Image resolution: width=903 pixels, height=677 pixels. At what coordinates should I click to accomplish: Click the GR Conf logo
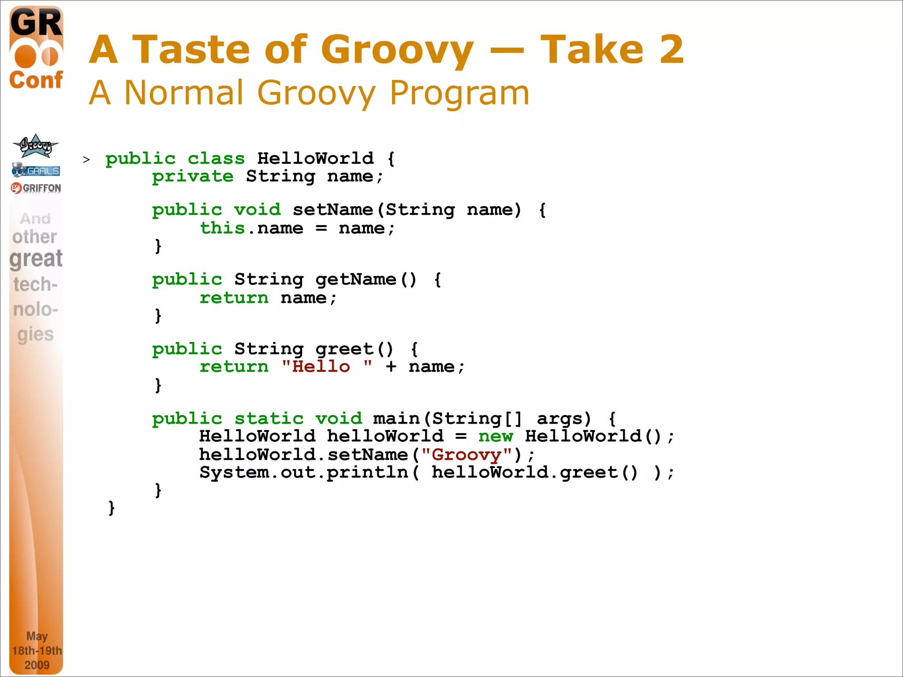(x=36, y=48)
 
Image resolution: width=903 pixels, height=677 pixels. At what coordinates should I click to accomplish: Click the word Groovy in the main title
(x=397, y=49)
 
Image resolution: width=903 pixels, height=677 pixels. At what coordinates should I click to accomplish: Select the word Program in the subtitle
(x=459, y=93)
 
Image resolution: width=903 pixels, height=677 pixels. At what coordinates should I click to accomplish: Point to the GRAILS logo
(x=36, y=170)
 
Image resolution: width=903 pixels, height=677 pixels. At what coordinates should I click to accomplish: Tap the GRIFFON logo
(x=36, y=188)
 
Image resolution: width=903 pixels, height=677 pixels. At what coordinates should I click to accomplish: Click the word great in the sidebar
(x=36, y=258)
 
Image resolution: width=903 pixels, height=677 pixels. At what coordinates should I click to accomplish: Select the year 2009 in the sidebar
(x=37, y=665)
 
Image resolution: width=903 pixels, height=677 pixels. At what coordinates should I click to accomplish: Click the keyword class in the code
(x=216, y=158)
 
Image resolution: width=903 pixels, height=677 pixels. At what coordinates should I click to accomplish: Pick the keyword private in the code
(x=193, y=176)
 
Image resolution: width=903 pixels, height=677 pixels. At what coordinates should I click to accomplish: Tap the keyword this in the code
(x=222, y=228)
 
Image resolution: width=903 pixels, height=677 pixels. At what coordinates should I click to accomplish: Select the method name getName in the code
(x=356, y=279)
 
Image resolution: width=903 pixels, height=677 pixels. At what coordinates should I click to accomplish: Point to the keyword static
(x=269, y=419)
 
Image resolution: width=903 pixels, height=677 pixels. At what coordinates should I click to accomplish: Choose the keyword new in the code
(x=496, y=436)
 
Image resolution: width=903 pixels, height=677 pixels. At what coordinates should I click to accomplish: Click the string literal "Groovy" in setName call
(x=466, y=454)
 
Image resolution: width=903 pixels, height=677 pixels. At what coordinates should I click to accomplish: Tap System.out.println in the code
(x=304, y=472)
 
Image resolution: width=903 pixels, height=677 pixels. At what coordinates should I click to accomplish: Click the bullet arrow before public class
(x=86, y=160)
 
